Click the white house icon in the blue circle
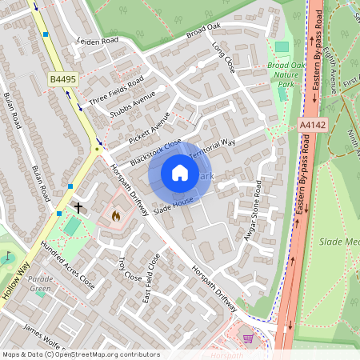pos(180,172)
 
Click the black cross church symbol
pos(78,207)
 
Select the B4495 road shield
pos(63,80)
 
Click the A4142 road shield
pos(313,125)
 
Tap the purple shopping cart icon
pos(247,338)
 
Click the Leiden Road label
pos(97,40)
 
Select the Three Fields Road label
pos(116,90)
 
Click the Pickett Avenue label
pos(149,126)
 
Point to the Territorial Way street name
pos(213,149)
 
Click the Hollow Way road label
pos(15,279)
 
